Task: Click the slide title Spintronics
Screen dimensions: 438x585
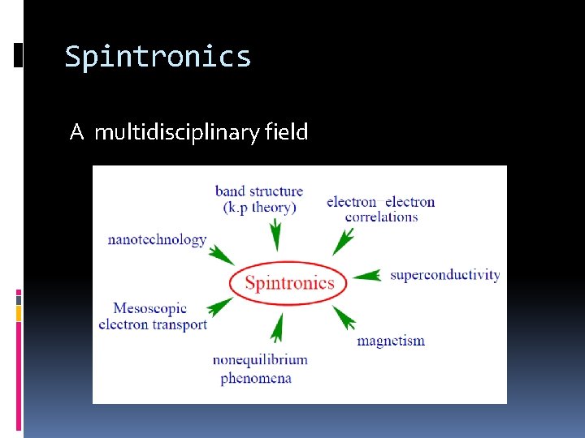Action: tap(158, 57)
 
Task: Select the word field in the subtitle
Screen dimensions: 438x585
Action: tap(287, 131)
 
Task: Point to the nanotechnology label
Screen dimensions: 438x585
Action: tap(157, 239)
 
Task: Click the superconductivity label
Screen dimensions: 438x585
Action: tap(444, 275)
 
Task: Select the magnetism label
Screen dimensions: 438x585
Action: tap(390, 341)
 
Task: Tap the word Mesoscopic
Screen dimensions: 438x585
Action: tap(149, 308)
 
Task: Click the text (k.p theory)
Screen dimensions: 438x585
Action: tap(258, 208)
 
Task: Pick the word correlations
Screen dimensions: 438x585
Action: tap(381, 217)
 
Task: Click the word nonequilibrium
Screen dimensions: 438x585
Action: tap(260, 360)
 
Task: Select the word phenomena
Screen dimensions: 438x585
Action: tap(255, 378)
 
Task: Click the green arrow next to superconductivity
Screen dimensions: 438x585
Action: tap(366, 276)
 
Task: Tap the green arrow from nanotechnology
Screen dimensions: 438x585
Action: tap(221, 255)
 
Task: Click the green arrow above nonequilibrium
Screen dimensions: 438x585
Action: tap(277, 328)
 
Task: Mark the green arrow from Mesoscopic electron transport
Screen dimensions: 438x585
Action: tap(220, 307)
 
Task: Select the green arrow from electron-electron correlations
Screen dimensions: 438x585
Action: tap(344, 241)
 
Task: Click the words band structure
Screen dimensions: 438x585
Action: tap(258, 191)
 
